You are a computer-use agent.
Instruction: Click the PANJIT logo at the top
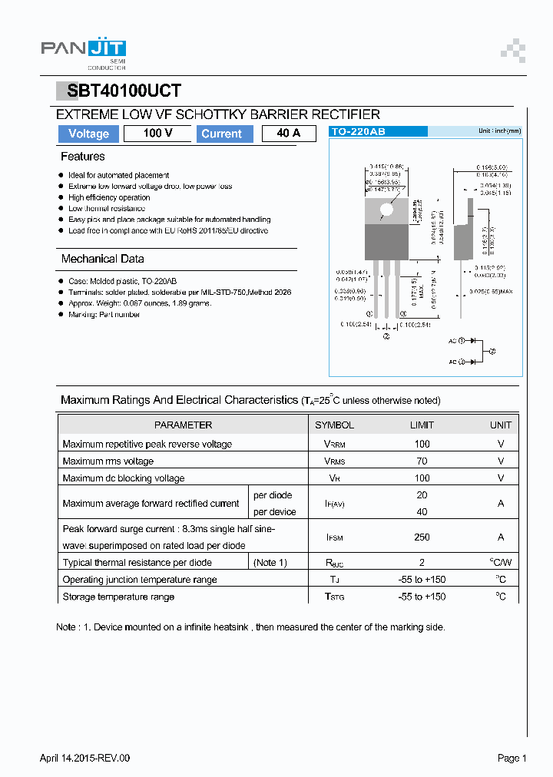(83, 51)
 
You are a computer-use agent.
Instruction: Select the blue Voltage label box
(88, 134)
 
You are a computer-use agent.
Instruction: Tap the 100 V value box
(157, 134)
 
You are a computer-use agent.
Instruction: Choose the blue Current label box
(221, 134)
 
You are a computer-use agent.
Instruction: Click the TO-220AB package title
(358, 132)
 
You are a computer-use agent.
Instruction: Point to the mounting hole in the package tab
(386, 209)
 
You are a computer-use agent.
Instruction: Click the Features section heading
(83, 157)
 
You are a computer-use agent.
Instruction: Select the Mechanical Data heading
(102, 259)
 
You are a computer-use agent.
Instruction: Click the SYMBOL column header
(334, 425)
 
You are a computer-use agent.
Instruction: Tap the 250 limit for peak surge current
(422, 537)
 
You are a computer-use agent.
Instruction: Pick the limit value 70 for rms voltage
(422, 461)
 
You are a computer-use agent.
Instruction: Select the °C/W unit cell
(501, 563)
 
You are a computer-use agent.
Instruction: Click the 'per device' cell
(274, 512)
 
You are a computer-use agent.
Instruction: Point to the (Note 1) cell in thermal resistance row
(270, 563)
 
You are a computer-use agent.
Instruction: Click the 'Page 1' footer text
(512, 758)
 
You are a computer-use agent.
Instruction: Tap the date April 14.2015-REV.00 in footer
(85, 758)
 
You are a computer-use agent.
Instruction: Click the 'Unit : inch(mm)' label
(499, 131)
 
